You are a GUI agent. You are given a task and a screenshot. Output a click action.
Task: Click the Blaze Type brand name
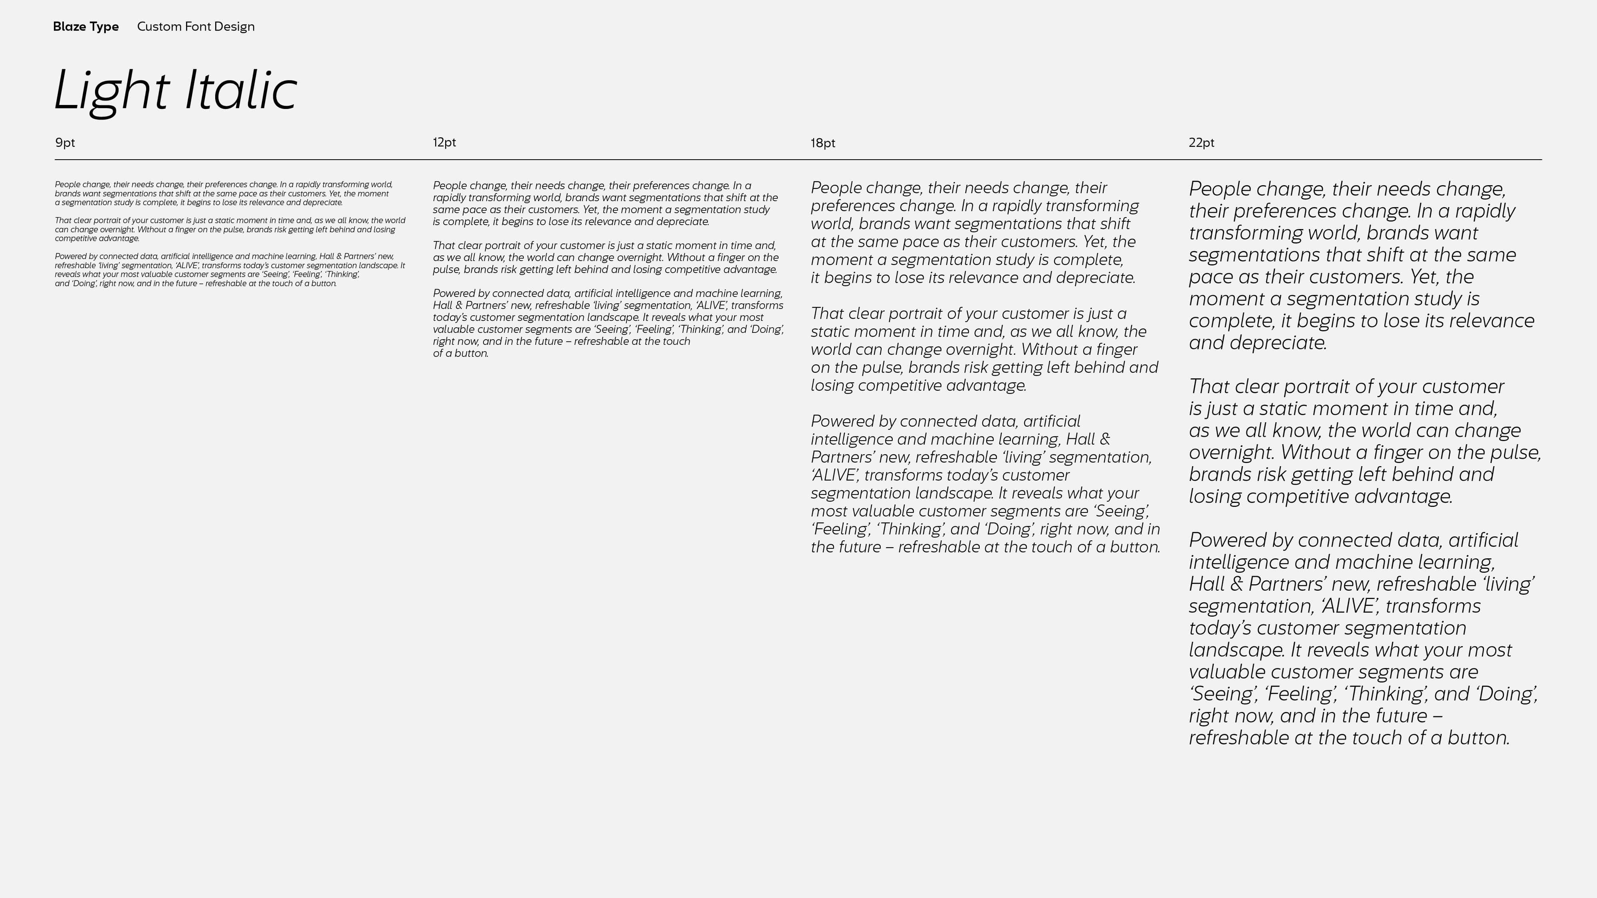coord(85,27)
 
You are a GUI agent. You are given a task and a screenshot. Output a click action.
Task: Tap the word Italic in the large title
coord(240,91)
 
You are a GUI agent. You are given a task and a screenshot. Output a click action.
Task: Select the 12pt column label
coord(444,142)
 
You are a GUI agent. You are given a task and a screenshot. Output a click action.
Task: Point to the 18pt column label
coord(823,143)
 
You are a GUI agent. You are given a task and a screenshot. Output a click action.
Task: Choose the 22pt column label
coord(1201,142)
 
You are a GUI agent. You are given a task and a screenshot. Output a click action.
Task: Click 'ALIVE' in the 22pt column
coord(1349,606)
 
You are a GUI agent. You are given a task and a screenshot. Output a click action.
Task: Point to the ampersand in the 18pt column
coord(1104,439)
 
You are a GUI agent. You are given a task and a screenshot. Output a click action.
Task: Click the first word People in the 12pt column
coord(449,186)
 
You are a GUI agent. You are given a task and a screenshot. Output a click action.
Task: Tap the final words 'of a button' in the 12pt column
coord(461,353)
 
